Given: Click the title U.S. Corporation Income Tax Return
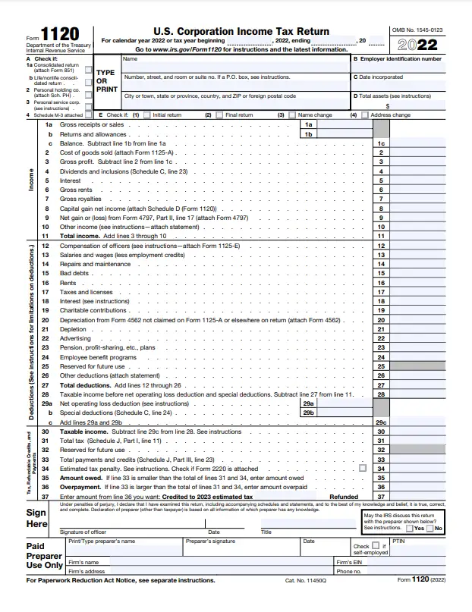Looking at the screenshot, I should (241, 31).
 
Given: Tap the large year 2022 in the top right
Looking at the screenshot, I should (427, 43).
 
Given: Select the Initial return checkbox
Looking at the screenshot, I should (148, 115).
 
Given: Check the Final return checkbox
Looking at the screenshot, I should (221, 115).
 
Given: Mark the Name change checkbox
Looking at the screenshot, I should (294, 115).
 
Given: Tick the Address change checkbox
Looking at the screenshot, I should (366, 115).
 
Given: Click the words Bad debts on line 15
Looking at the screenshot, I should (74, 273).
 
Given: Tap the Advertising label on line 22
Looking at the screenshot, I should (76, 338).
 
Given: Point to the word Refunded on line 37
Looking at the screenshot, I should (343, 496).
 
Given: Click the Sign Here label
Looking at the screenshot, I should (37, 518).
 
